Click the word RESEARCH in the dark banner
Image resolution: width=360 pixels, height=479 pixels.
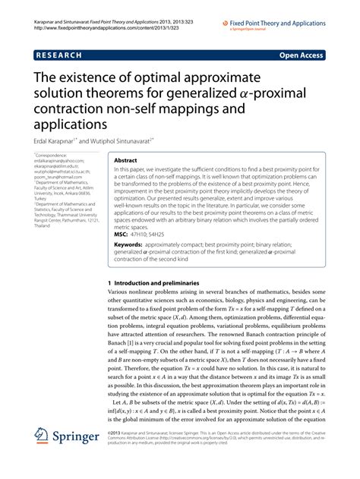(x=58, y=55)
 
